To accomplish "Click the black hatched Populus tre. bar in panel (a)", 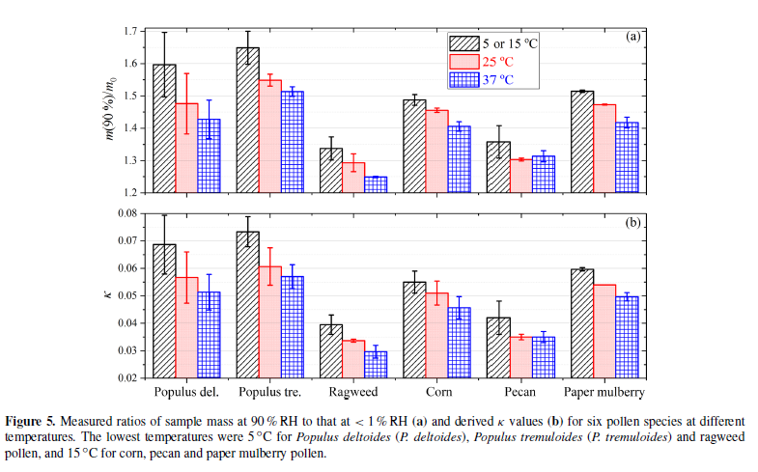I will click(248, 120).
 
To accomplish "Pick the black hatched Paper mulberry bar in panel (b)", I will click(582, 323).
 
